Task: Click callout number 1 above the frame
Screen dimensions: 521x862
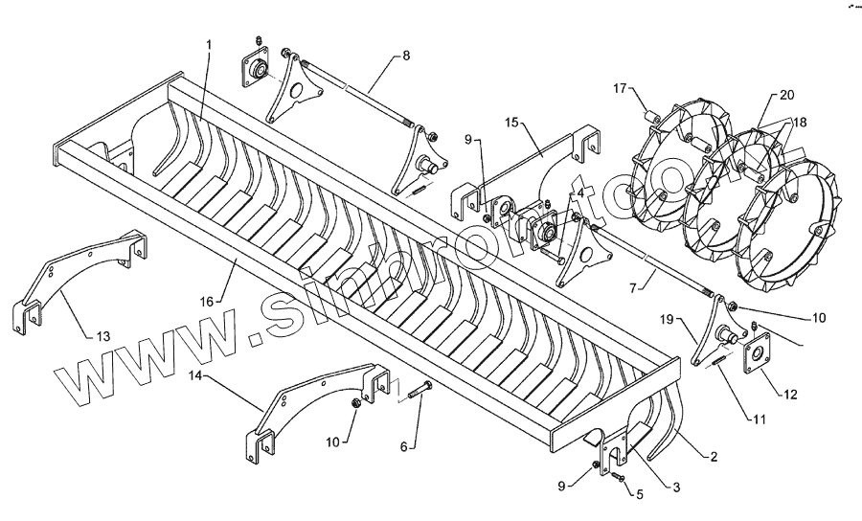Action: [210, 46]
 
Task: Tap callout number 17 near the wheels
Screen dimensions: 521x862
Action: [619, 89]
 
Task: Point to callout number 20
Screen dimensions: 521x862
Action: [786, 95]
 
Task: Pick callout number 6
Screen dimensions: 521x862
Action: [403, 446]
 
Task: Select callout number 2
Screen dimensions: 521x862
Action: [713, 457]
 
